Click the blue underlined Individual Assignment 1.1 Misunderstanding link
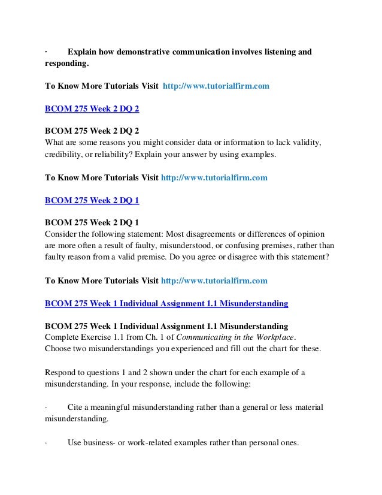pyautogui.click(x=166, y=304)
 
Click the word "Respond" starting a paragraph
pyautogui.click(x=60, y=372)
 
